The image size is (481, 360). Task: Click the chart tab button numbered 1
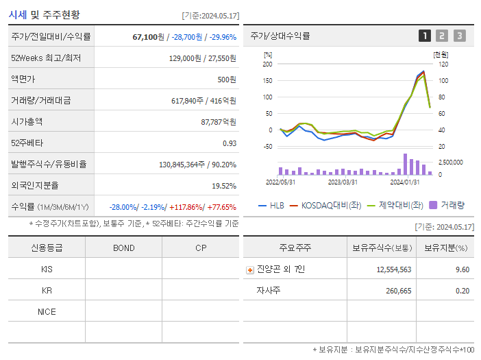425,36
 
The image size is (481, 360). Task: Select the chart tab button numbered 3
459,36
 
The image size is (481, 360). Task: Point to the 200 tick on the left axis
267,64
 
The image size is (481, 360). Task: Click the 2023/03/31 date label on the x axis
343,182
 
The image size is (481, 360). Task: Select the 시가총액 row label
27,121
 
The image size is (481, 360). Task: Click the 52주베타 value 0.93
229,143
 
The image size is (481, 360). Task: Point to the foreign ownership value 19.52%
223,186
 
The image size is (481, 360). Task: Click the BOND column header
123,248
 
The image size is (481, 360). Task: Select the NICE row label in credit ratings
47,311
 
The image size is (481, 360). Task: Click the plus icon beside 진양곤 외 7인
249,269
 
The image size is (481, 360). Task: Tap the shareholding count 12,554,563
393,269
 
